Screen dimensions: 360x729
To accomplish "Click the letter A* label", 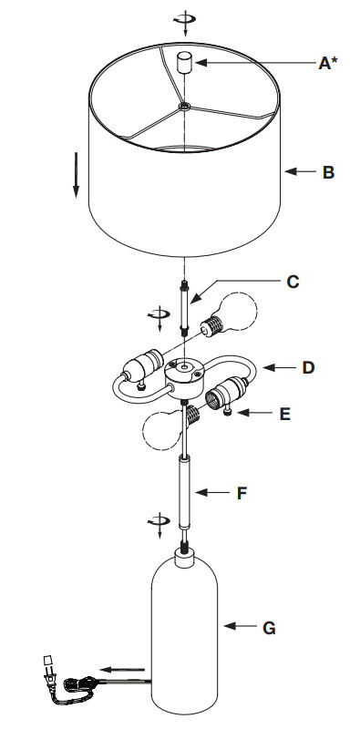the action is [x=327, y=63].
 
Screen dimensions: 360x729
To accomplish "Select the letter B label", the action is [x=328, y=172].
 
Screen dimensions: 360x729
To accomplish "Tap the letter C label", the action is [x=293, y=282].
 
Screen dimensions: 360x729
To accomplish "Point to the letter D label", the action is [x=308, y=367].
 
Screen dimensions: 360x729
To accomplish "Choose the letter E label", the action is [x=285, y=414].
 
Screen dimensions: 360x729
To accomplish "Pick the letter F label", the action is [x=242, y=493].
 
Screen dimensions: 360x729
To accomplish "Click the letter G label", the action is [x=269, y=628].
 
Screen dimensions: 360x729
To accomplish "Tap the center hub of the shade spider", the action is [x=185, y=107].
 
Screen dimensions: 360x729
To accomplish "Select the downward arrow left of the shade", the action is [x=76, y=178].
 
